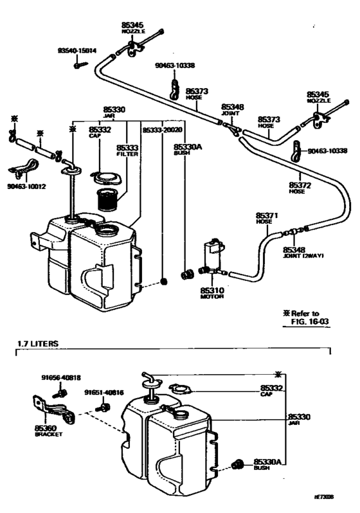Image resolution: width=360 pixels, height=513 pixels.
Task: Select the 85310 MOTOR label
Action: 212,293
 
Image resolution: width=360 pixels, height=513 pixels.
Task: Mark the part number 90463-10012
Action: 27,187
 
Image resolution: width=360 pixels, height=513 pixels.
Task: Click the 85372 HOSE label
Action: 301,188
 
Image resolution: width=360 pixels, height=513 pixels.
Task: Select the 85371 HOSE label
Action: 264,217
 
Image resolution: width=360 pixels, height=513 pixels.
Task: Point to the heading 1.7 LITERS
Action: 37,344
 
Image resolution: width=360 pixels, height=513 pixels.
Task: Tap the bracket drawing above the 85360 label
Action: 50,408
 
